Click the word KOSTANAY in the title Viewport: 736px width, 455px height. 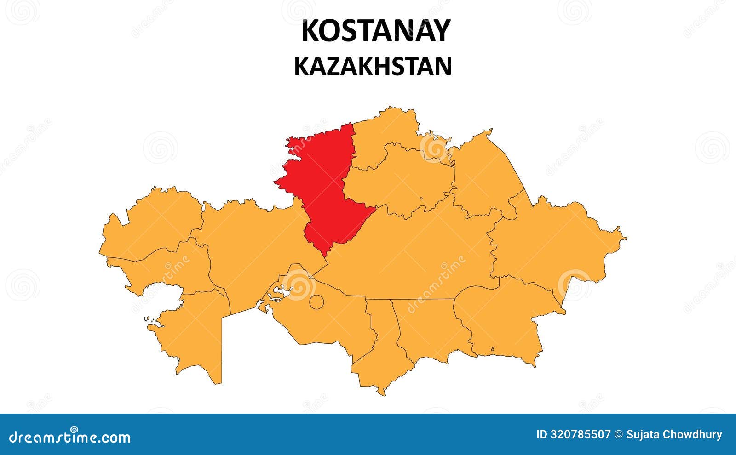375,31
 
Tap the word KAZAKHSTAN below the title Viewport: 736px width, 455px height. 373,67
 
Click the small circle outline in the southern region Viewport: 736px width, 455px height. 316,302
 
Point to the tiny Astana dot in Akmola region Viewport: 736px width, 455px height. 421,199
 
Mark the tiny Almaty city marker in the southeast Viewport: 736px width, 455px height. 492,349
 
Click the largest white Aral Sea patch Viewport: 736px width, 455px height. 282,292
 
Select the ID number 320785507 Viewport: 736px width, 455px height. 574,435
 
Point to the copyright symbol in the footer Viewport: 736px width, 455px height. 619,435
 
